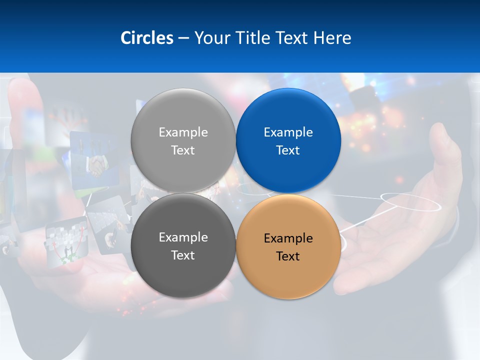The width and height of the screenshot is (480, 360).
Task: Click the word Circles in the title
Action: [146, 38]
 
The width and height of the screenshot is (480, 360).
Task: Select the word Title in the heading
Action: [253, 38]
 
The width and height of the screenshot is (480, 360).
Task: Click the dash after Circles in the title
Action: [183, 38]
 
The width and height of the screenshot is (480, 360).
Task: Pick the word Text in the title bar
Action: [292, 38]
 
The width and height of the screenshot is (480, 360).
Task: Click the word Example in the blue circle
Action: [288, 132]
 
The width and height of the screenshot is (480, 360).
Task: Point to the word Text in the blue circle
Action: [288, 150]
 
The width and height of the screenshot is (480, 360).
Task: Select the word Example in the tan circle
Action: [288, 238]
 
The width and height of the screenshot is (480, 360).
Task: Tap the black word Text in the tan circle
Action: [288, 256]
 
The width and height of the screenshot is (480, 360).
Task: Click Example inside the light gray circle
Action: [183, 132]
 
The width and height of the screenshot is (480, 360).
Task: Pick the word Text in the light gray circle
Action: [183, 150]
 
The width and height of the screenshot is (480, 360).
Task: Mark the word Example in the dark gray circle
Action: [183, 237]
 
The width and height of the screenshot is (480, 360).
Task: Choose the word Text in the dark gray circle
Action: [183, 255]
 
